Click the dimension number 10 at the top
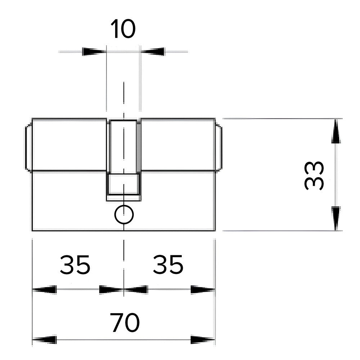[123, 29]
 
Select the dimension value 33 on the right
[314, 176]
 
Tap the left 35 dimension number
[75, 265]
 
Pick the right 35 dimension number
[168, 265]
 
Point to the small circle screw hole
[124, 215]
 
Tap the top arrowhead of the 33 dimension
[336, 131]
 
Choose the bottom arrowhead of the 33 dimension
[336, 219]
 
